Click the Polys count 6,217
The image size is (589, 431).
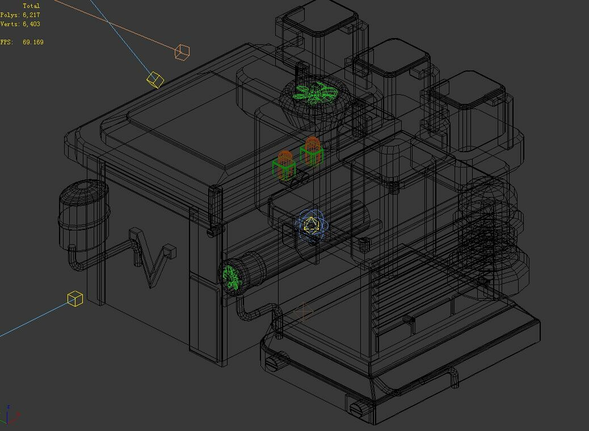(31, 15)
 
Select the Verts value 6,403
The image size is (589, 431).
(31, 24)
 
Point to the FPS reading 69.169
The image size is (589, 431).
(33, 42)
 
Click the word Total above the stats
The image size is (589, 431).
(31, 6)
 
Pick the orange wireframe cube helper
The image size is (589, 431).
(182, 52)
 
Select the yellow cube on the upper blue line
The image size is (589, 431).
(155, 79)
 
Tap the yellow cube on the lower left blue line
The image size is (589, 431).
(75, 299)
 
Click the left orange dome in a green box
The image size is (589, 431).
(284, 165)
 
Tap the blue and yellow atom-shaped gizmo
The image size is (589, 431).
(311, 226)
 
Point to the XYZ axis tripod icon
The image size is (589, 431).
(10, 415)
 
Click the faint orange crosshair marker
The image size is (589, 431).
(304, 312)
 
